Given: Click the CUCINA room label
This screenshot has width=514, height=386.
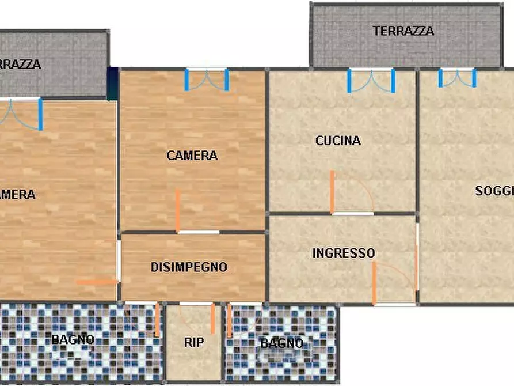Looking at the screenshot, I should tap(338, 140).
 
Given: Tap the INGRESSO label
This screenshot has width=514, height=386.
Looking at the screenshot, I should tap(344, 253).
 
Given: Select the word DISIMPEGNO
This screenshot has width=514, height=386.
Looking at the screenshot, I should tap(189, 267).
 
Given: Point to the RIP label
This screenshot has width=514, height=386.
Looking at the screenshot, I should tap(194, 342).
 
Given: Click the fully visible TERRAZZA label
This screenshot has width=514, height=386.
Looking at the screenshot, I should tap(403, 31).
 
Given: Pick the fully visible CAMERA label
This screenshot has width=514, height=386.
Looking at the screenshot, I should tap(192, 156).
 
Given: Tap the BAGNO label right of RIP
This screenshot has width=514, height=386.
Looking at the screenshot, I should tap(281, 343).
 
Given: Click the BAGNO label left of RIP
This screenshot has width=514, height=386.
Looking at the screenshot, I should tap(73, 339).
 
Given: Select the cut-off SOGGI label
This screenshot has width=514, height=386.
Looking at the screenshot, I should tap(494, 191).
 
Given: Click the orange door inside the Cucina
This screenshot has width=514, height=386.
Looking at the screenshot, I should tap(333, 192).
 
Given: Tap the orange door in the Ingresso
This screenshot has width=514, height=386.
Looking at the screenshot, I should tap(374, 283).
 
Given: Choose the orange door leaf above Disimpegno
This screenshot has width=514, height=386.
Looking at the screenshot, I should tap(178, 211).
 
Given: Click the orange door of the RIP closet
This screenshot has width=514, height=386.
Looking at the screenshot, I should tap(212, 319).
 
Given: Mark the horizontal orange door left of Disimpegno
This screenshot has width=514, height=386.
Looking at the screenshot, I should tap(97, 282).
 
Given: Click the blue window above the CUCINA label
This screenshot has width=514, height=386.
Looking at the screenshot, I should tap(371, 80).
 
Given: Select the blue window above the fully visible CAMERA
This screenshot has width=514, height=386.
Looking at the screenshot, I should tap(206, 80).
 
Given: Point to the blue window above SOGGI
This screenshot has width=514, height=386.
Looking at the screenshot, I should tap(457, 77).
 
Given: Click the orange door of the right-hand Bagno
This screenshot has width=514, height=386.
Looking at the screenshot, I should tap(229, 320).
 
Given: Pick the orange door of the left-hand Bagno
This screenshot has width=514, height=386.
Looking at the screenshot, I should tap(157, 320).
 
